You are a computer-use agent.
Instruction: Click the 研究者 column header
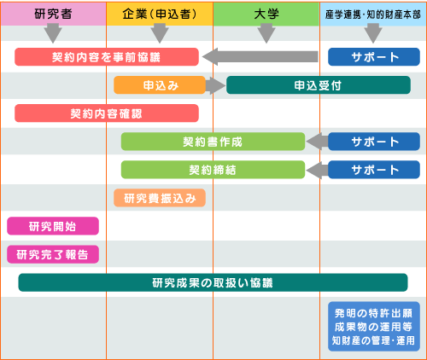click(53, 14)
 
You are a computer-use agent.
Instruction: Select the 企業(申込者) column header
click(160, 14)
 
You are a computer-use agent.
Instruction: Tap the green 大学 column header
click(266, 14)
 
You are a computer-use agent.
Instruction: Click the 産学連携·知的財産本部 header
click(373, 14)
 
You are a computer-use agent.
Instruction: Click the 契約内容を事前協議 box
click(107, 57)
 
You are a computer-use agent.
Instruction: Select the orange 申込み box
click(160, 85)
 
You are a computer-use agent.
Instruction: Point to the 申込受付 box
click(319, 85)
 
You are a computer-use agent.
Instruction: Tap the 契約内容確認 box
click(107, 113)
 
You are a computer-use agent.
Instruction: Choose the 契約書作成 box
click(213, 142)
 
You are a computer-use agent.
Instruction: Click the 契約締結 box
click(213, 170)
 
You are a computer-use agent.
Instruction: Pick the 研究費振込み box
click(160, 198)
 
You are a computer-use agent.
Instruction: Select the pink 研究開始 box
click(53, 226)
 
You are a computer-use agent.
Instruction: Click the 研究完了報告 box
click(53, 254)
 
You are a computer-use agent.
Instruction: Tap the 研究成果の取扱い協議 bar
click(213, 282)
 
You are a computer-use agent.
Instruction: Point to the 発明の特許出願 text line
click(373, 313)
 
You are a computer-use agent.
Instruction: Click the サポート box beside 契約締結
click(374, 170)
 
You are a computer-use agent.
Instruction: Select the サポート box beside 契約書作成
click(374, 142)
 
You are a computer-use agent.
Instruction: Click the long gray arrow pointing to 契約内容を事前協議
click(260, 56)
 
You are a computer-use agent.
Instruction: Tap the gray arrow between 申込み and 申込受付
click(215, 85)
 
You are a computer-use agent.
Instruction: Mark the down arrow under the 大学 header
click(266, 33)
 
